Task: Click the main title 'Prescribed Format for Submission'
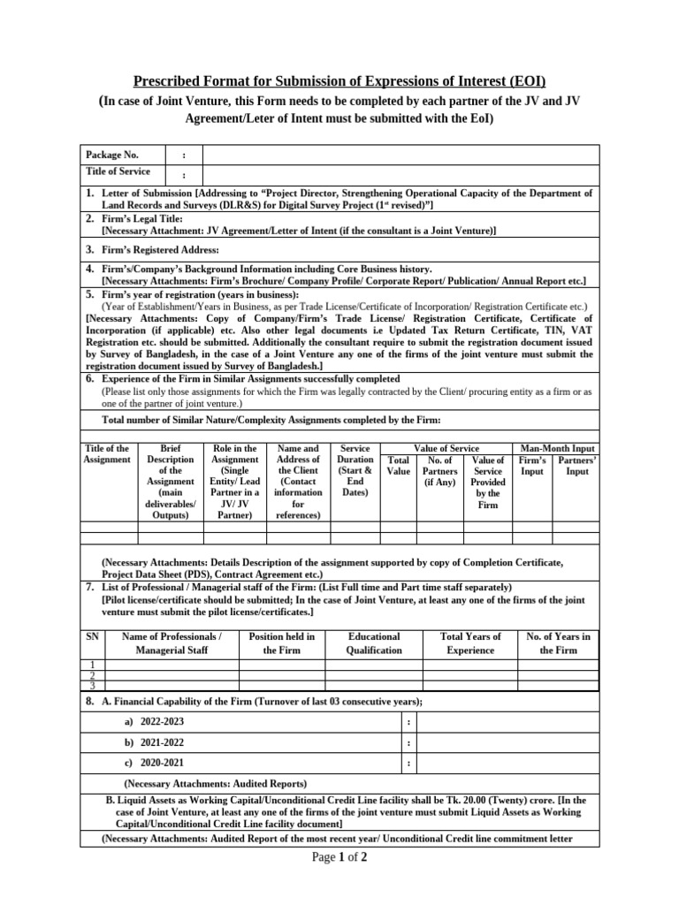(x=339, y=83)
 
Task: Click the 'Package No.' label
(x=111, y=155)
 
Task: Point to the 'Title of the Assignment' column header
(x=106, y=454)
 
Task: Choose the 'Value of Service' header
(x=446, y=448)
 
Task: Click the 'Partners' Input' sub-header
(x=579, y=466)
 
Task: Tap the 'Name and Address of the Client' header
(x=298, y=482)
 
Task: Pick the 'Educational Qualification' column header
(x=374, y=643)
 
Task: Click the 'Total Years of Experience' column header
(x=470, y=643)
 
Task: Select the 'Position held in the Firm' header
(x=282, y=643)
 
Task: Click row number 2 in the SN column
(x=92, y=675)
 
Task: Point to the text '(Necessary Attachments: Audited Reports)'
(x=215, y=784)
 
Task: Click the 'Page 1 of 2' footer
(x=339, y=860)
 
